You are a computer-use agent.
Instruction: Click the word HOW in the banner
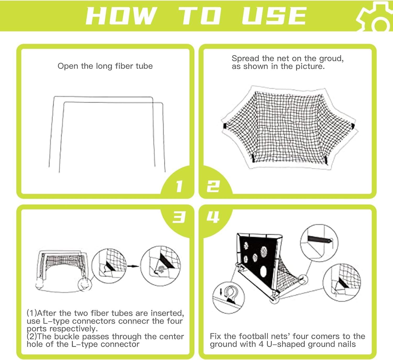tap(122, 16)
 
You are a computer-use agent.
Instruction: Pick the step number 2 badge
tap(213, 186)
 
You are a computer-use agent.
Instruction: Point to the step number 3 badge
tap(179, 217)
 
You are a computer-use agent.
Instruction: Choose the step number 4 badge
tap(213, 217)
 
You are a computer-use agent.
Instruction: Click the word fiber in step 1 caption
tap(122, 66)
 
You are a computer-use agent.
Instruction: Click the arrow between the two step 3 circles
tap(133, 266)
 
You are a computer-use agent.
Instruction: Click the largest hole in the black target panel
tap(264, 272)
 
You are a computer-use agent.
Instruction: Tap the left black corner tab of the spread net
tap(225, 126)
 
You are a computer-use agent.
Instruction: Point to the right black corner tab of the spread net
tap(353, 126)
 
